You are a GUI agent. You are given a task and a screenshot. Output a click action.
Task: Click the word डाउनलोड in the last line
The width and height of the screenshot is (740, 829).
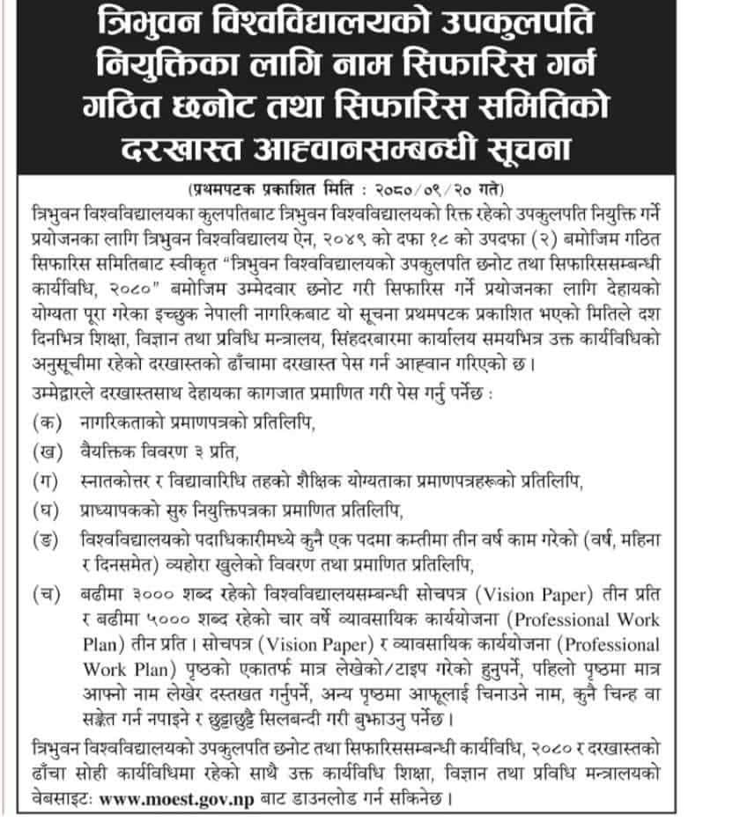click(318, 801)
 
